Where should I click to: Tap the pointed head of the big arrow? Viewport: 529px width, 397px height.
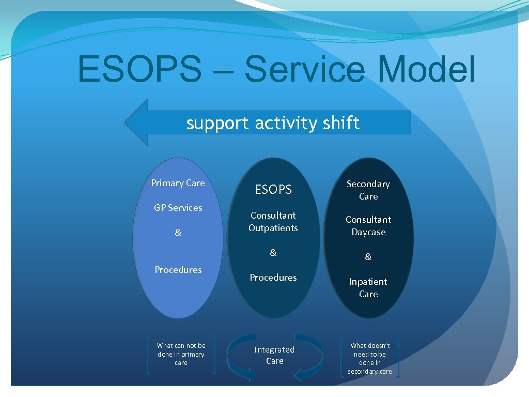136,123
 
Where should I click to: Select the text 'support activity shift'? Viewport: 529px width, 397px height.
273,123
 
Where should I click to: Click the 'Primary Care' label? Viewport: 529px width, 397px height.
178,183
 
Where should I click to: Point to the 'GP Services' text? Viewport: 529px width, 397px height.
178,208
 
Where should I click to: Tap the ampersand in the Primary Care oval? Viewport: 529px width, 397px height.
178,233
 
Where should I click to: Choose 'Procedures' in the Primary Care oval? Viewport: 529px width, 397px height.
178,270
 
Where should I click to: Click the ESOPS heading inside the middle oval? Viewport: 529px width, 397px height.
273,190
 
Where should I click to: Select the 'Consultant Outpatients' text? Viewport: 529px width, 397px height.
273,222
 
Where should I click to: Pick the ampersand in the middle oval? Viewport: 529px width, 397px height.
273,253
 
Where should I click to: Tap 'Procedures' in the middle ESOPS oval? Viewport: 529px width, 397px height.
273,278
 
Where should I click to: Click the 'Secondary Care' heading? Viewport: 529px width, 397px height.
368,190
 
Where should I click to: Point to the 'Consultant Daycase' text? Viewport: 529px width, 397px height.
368,226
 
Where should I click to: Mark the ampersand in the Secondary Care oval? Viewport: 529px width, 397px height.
368,257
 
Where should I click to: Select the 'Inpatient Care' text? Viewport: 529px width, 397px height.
368,288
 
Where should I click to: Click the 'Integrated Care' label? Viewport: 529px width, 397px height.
274,355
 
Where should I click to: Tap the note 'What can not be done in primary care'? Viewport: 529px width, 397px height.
181,354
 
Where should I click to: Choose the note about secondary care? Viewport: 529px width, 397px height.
370,358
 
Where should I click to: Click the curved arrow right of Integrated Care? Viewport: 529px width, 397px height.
313,354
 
